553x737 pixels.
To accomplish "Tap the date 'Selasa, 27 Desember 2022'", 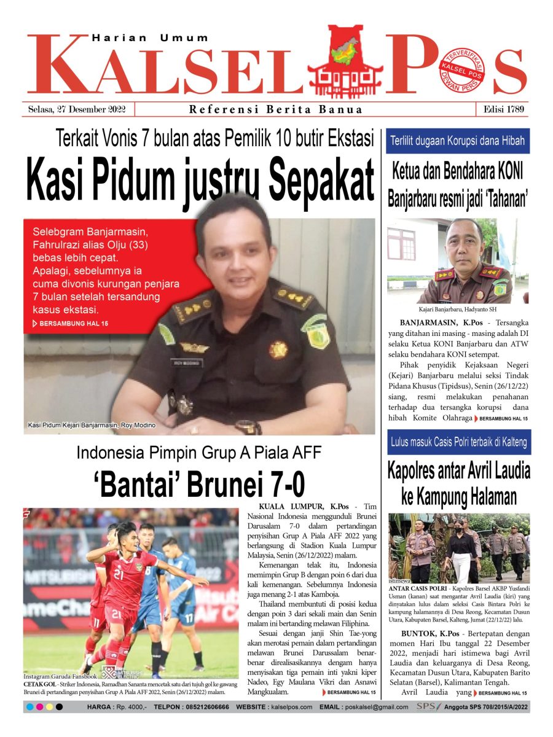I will click(77, 109).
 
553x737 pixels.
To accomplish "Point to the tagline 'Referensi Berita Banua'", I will click(276, 110).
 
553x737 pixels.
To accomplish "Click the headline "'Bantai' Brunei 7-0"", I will click(199, 485).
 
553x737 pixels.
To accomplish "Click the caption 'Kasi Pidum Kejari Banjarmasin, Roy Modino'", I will click(92, 425).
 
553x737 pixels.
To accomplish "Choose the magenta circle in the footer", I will click(39, 707).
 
